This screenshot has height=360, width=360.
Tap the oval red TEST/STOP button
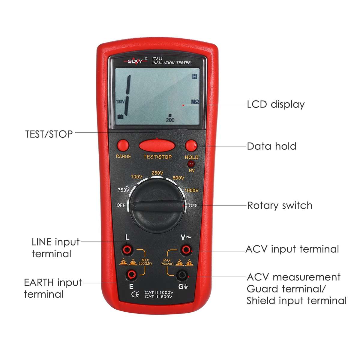click(x=157, y=146)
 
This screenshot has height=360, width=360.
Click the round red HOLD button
click(x=191, y=146)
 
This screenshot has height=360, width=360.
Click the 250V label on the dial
click(x=157, y=173)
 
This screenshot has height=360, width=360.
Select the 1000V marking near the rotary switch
click(x=191, y=190)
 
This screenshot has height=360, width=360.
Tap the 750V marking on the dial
click(x=124, y=190)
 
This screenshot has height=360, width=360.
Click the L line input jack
click(x=127, y=249)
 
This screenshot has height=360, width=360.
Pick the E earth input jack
click(x=131, y=273)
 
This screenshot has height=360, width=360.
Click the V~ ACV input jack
click(x=186, y=249)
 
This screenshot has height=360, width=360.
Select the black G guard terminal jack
click(x=181, y=274)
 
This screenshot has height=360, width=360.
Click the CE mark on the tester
click(x=135, y=294)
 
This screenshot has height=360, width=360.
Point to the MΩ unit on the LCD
click(x=195, y=102)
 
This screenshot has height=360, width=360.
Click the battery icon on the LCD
click(x=120, y=116)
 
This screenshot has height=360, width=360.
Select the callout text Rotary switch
click(x=280, y=205)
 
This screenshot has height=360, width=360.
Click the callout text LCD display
click(x=276, y=104)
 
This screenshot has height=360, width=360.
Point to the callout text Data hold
click(x=271, y=146)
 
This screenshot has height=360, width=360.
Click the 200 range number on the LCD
click(x=170, y=120)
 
